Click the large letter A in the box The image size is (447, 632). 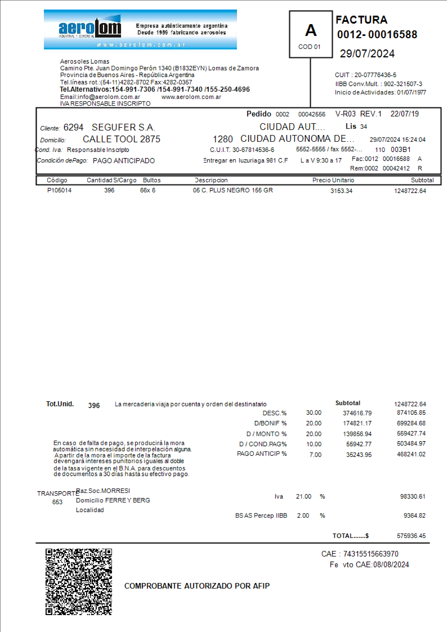[311, 30]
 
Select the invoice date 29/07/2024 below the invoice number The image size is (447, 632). [367, 54]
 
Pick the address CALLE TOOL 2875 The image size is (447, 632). [121, 139]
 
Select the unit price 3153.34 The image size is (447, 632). [341, 191]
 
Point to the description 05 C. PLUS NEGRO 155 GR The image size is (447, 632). [233, 190]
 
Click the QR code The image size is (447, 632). [79, 582]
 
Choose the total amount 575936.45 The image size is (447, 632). [411, 536]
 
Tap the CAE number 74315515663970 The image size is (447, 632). [371, 554]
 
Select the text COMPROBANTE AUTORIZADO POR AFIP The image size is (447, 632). [197, 586]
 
